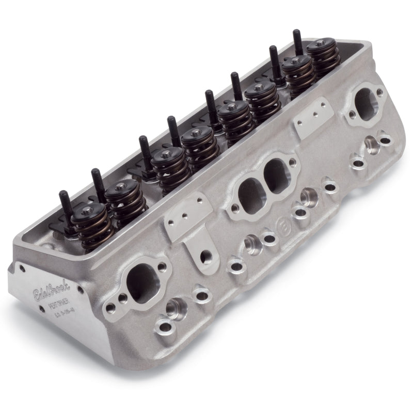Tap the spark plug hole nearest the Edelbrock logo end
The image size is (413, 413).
[x=171, y=312]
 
